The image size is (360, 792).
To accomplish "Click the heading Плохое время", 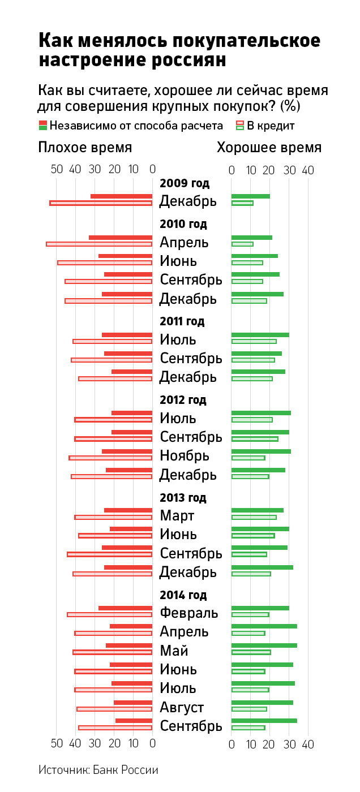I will point(85,148).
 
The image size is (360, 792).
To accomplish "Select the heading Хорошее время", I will point(269,148).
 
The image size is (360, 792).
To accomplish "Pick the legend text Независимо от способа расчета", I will point(136,126).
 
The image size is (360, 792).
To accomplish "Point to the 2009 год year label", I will point(185,183).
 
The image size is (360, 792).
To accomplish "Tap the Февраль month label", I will point(188,613).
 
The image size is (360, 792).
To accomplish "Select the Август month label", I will point(182,707).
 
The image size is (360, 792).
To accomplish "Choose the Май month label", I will point(174,651).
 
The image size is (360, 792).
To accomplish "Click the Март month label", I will point(177,515).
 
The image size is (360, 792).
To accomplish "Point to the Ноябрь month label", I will point(185,455).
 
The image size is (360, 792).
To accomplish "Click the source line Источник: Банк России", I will point(98,770).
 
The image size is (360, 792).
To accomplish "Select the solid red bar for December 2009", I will point(122,196).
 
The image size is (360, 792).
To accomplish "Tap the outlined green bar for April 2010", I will point(242,244).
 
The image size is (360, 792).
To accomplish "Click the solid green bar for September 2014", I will point(264,721).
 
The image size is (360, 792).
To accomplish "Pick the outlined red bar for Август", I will point(115,709).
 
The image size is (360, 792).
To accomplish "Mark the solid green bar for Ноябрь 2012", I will point(261,451).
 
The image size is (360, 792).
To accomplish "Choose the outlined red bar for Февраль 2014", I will point(110,614).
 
